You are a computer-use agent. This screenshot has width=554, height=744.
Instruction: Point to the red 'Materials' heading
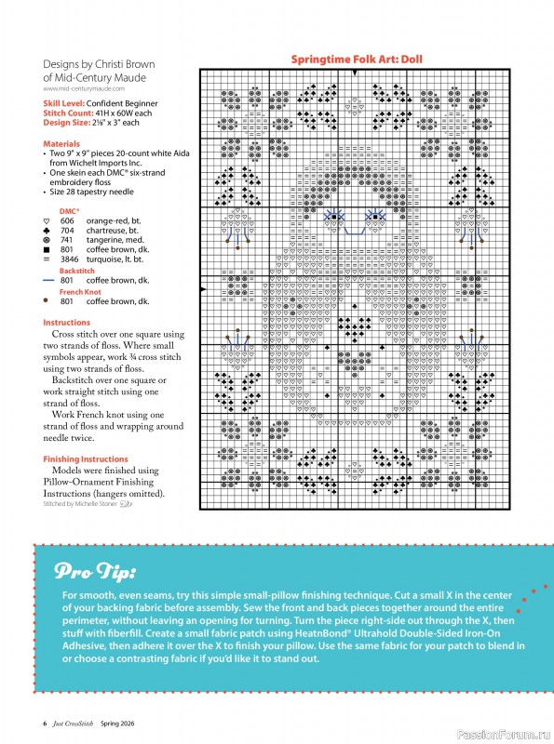click(61, 144)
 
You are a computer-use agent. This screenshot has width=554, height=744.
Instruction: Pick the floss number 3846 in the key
click(69, 259)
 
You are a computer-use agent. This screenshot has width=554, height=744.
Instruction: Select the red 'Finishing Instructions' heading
click(86, 459)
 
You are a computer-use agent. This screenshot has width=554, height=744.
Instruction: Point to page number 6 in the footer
click(45, 723)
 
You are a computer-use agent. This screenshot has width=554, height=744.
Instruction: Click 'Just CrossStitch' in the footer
click(74, 723)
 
